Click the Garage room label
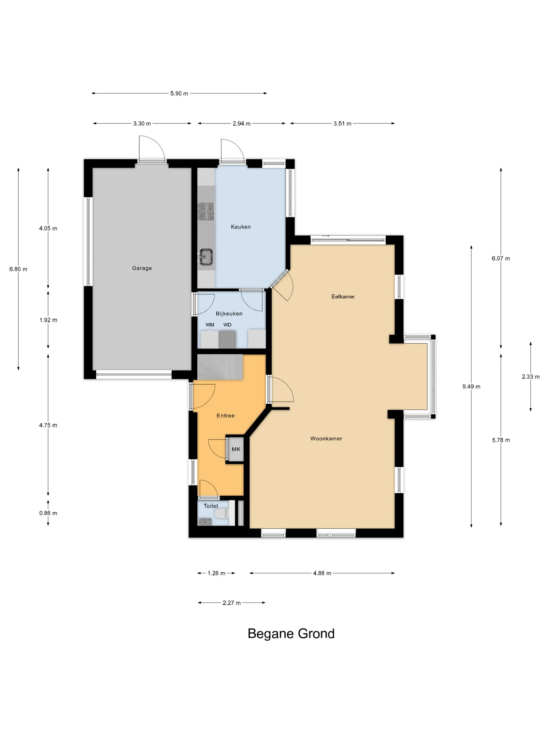[142, 268]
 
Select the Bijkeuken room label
[229, 313]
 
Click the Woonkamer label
[326, 438]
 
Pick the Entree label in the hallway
[225, 416]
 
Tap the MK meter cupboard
[236, 449]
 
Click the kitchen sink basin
[205, 257]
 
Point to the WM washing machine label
[210, 325]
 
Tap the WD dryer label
[227, 325]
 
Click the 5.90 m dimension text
[179, 93]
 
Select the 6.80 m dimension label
[18, 269]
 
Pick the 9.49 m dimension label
[471, 386]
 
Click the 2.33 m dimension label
[530, 377]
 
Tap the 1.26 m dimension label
[216, 573]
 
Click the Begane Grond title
[291, 634]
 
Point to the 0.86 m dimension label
[48, 513]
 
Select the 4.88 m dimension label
[322, 573]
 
